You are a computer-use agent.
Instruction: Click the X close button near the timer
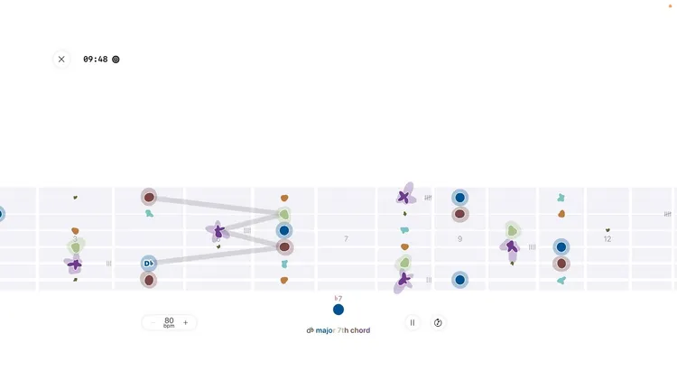[61, 60]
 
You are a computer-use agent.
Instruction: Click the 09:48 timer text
[95, 60]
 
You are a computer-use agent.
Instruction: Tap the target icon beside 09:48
[116, 60]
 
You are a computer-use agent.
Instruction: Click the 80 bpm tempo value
[169, 322]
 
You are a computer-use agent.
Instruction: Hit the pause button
[413, 322]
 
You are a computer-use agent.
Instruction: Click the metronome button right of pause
[438, 322]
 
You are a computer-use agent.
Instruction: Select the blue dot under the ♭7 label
[338, 310]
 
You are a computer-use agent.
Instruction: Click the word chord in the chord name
[360, 330]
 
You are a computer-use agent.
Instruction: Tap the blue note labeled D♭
[149, 264]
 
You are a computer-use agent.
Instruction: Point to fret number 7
[346, 239]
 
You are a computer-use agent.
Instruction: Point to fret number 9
[459, 239]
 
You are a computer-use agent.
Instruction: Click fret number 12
[607, 239]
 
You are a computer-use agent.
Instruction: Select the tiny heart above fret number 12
[607, 230]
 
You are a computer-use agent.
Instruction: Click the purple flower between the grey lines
[218, 231]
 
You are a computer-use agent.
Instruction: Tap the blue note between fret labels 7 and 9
[459, 198]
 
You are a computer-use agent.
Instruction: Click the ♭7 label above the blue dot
[338, 298]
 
